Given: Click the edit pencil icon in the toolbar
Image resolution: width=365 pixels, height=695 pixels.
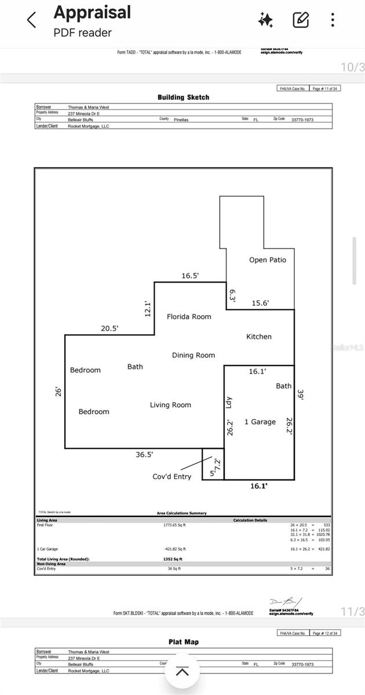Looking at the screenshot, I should [301, 20].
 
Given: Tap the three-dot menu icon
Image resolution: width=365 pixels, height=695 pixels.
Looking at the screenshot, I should [333, 20].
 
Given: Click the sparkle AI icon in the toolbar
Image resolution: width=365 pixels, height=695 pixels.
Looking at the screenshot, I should [266, 20].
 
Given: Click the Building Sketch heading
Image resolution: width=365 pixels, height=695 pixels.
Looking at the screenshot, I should [183, 97].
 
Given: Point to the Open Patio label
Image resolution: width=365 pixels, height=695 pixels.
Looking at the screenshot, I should [268, 260].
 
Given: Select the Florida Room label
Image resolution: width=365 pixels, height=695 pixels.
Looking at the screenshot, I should [189, 317].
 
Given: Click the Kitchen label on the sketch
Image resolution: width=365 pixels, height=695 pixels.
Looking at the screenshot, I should [258, 336].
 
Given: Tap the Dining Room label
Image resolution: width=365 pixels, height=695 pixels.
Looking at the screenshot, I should [193, 355].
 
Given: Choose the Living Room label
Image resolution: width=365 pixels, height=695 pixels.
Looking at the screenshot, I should [170, 405].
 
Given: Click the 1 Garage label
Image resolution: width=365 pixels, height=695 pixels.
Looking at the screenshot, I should [260, 422].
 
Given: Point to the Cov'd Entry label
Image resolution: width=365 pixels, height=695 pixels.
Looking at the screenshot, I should [171, 477].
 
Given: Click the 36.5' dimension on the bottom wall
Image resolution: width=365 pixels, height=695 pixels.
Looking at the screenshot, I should [144, 455].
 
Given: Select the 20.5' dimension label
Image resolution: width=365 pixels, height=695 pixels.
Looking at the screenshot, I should [110, 328].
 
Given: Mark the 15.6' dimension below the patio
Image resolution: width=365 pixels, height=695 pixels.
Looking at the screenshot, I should [260, 303].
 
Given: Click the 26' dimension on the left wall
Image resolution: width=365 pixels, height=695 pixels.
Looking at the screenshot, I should [57, 392].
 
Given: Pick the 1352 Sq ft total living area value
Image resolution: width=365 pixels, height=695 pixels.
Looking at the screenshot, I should [173, 559].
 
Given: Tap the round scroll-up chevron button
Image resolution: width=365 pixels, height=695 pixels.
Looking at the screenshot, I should [183, 672].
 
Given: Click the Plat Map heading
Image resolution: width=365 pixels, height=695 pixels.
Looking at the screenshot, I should [183, 642].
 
